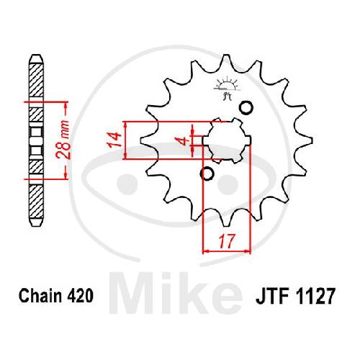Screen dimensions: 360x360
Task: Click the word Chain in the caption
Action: point(41,295)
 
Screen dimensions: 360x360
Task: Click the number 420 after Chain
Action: point(80,295)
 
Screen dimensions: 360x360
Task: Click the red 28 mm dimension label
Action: point(63,140)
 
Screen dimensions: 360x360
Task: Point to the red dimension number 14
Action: point(114,140)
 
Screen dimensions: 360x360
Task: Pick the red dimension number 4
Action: point(184,140)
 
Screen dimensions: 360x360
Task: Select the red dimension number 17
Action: point(226,241)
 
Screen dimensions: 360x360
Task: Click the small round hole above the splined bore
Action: point(246,107)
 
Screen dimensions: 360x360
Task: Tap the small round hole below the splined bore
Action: point(207,174)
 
